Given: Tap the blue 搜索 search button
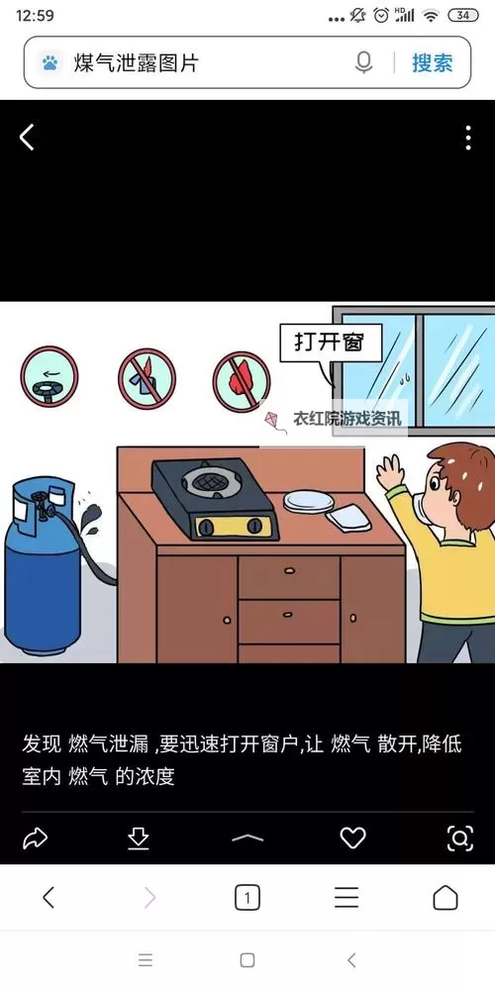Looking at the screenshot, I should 433,63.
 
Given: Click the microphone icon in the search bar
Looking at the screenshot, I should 364,63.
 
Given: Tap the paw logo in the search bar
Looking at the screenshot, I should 49,63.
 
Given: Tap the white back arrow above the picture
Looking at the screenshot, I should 27,138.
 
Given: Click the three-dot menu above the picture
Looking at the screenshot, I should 468,138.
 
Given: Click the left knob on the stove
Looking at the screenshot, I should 206,525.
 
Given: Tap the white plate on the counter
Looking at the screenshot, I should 308,500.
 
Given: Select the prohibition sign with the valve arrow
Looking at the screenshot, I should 49,375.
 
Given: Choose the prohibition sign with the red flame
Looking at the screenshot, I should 242,381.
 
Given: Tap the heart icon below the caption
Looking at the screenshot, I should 353,839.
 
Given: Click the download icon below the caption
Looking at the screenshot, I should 139,839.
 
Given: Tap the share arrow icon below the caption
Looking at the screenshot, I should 35,839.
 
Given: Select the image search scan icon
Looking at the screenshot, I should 460,839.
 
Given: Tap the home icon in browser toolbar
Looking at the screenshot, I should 445,898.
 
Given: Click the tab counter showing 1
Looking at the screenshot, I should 247,898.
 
